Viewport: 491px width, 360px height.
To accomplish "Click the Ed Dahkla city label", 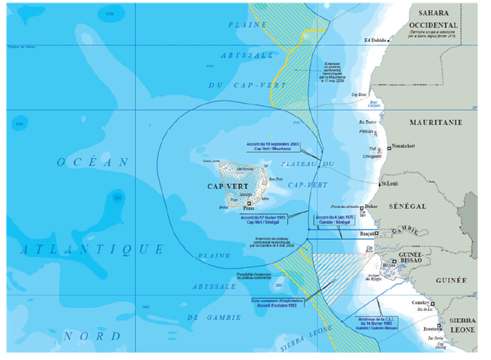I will coord(377,41).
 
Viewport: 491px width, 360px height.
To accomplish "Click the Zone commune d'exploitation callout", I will coord(273,303).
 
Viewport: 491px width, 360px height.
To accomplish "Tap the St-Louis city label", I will coord(390,184).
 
